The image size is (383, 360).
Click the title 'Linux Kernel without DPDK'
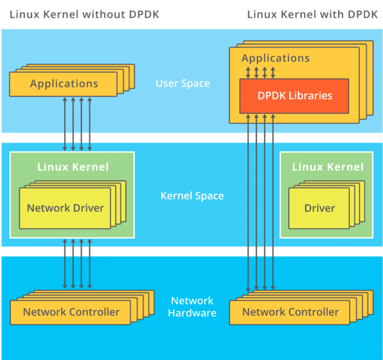(x=84, y=15)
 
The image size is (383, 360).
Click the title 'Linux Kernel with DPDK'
(x=312, y=15)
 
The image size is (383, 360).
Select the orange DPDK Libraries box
(x=294, y=96)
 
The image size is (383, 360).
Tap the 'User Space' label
(x=183, y=84)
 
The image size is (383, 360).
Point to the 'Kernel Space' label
(x=192, y=196)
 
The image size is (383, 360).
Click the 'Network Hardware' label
(x=192, y=307)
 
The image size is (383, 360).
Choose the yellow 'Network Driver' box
(x=65, y=208)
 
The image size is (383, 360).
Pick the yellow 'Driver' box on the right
(x=319, y=208)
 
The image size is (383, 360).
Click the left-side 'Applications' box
(x=64, y=84)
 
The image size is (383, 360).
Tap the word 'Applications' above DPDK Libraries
(x=276, y=58)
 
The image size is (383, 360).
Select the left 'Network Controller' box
(x=71, y=312)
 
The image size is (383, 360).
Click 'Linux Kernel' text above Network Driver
(x=73, y=167)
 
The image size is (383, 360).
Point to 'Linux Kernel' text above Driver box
(x=327, y=167)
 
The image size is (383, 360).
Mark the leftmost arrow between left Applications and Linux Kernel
(x=65, y=124)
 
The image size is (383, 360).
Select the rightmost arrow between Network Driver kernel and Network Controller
(x=90, y=264)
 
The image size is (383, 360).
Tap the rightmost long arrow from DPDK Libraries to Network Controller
(x=273, y=202)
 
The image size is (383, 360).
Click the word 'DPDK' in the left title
(x=142, y=15)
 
